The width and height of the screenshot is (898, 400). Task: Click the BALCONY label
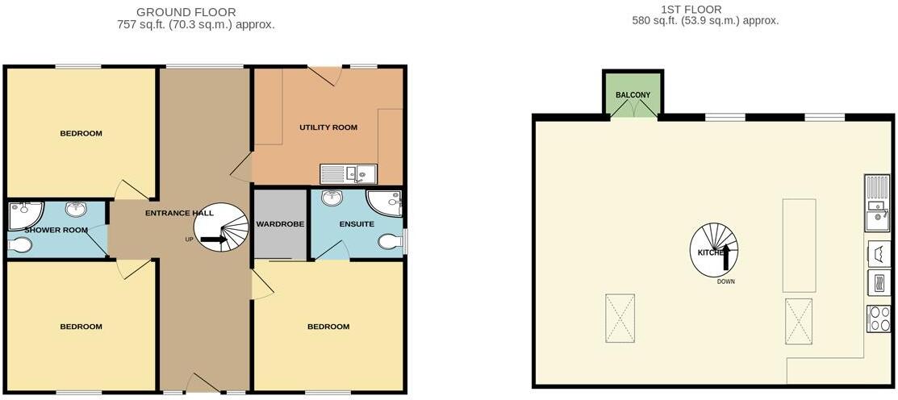point(633,95)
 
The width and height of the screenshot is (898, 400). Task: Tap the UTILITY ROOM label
point(328,127)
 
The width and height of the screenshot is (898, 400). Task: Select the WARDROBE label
point(280,223)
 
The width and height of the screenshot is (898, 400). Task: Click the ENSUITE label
point(357,223)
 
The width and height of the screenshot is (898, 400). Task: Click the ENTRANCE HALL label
point(179,213)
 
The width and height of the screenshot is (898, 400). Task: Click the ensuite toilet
point(390,242)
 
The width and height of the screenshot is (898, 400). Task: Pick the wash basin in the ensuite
point(332,198)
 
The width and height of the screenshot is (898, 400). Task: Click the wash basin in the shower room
point(77,210)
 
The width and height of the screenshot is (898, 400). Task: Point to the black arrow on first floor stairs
point(725,256)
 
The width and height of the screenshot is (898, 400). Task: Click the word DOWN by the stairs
point(725,281)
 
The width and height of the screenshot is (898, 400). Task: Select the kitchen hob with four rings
point(878,319)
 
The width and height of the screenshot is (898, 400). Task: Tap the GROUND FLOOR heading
point(186,12)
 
